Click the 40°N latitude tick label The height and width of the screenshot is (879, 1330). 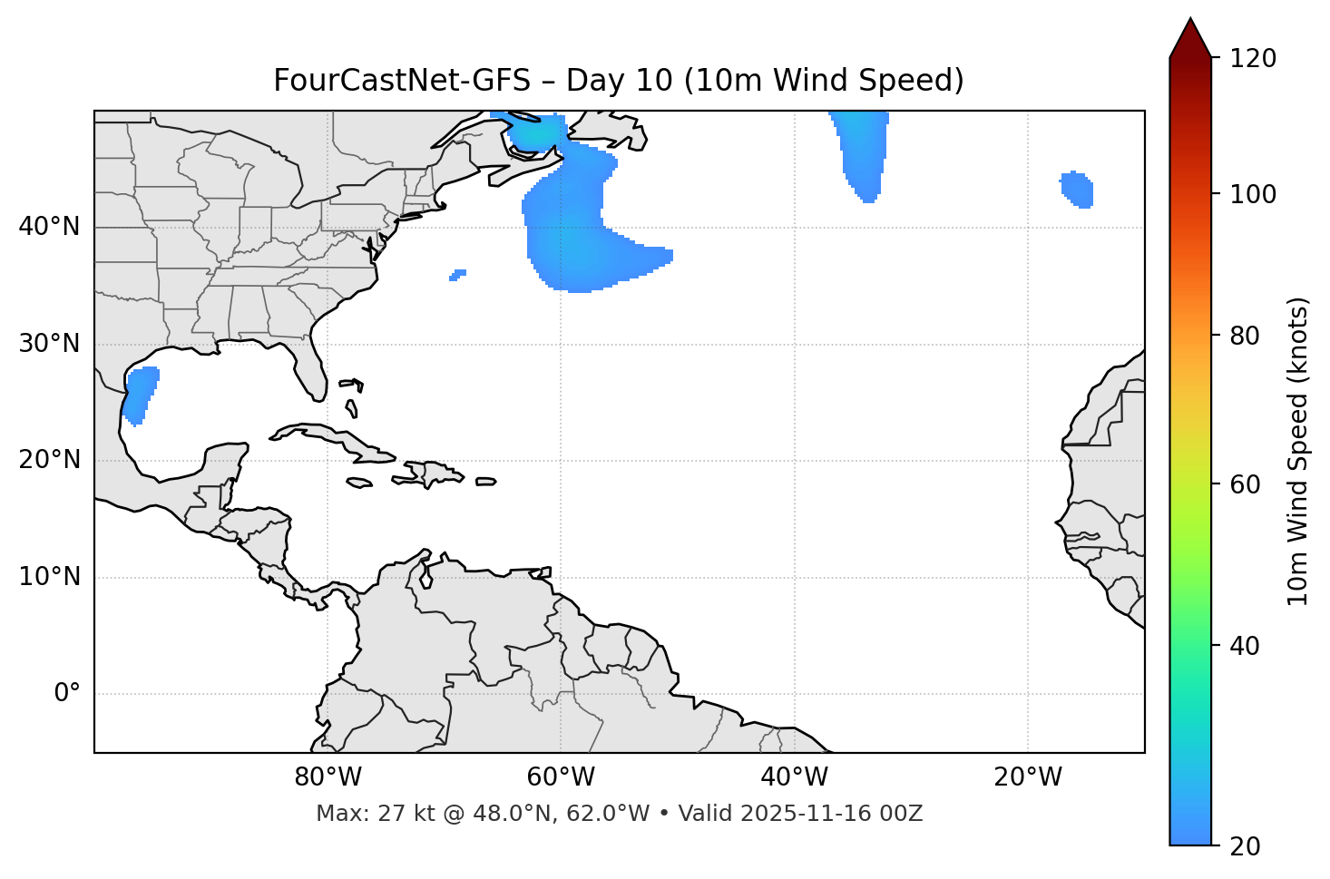coord(49,227)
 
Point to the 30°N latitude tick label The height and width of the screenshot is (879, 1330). coord(49,344)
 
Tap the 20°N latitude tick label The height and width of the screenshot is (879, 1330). coord(49,460)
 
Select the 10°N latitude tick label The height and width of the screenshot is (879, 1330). coord(49,577)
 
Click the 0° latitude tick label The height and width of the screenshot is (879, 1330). coord(67,694)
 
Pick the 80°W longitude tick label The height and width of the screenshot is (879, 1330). coord(328,777)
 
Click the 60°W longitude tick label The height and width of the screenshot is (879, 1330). coord(561,777)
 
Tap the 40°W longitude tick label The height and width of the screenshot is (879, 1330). coord(794,777)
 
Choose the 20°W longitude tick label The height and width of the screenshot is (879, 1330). coord(1027,777)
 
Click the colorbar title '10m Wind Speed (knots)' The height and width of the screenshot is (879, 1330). coord(1298,451)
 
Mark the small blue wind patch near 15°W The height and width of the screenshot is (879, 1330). coord(1078,189)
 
